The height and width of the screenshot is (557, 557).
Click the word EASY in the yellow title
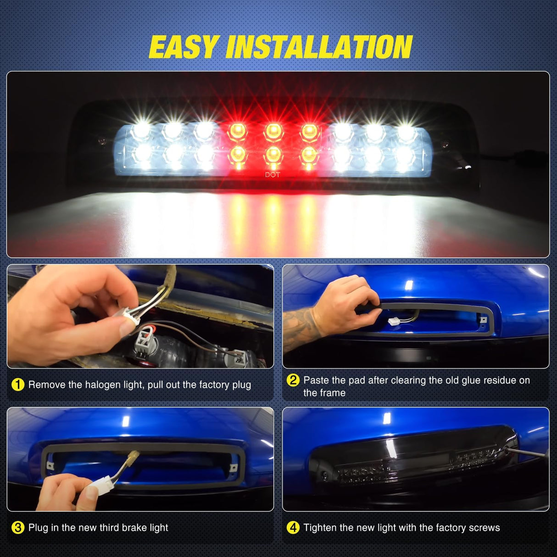point(183,47)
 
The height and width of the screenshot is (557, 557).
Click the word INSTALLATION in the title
point(319,47)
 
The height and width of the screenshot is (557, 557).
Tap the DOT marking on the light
point(273,175)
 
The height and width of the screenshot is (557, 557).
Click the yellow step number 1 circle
point(17,385)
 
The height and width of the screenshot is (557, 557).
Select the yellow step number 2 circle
point(293,380)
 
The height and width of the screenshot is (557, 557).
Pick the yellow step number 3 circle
point(17,528)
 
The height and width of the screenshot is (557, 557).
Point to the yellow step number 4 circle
point(293,528)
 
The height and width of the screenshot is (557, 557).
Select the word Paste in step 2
point(316,380)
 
